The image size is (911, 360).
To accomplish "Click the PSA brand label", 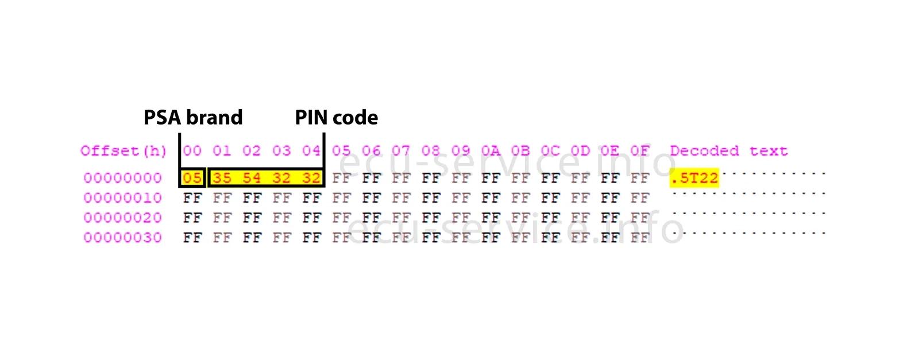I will pyautogui.click(x=193, y=118).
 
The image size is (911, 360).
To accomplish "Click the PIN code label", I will pyautogui.click(x=337, y=118).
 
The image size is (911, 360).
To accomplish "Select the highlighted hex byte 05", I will pyautogui.click(x=192, y=178).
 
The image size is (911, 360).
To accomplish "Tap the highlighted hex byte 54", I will pyautogui.click(x=252, y=178).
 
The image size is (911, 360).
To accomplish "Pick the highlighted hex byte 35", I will pyautogui.click(x=222, y=178).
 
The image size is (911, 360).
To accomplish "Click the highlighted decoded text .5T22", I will pyautogui.click(x=694, y=178).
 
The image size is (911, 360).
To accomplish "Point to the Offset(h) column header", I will pyautogui.click(x=123, y=151).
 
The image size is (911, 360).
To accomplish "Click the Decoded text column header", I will pyautogui.click(x=728, y=151).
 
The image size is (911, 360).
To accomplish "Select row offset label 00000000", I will pyautogui.click(x=123, y=178).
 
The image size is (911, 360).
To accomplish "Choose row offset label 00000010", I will pyautogui.click(x=123, y=198).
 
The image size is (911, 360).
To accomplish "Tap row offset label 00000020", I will pyautogui.click(x=123, y=218).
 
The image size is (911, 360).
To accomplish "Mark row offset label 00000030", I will pyautogui.click(x=123, y=238).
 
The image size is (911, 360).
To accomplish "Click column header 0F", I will pyautogui.click(x=640, y=151).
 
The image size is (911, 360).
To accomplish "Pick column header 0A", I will pyautogui.click(x=491, y=151).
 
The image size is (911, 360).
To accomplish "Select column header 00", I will pyautogui.click(x=192, y=151).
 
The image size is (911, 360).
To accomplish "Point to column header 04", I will pyautogui.click(x=311, y=151).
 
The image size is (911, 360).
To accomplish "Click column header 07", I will pyautogui.click(x=401, y=151).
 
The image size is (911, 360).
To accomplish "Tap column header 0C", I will pyautogui.click(x=550, y=151).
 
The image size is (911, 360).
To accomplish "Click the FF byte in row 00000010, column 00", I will pyautogui.click(x=192, y=198).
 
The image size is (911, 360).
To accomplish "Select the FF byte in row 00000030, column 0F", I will pyautogui.click(x=640, y=238).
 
